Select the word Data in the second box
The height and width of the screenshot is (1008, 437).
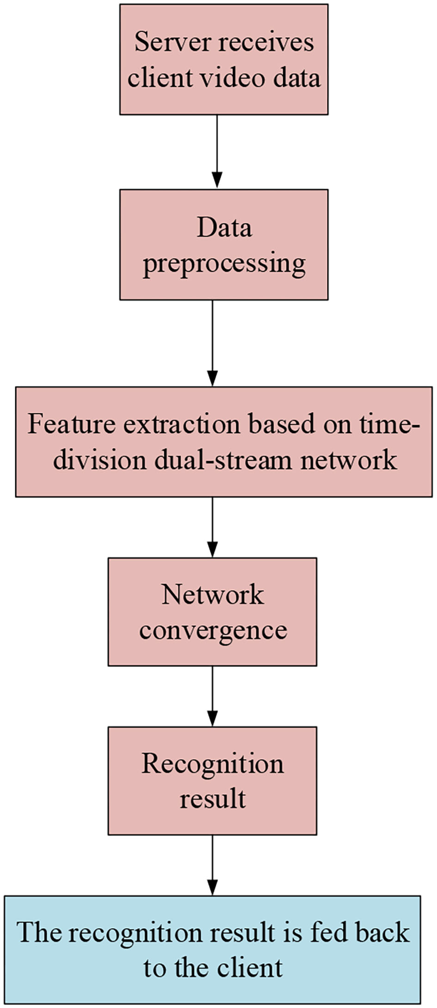224,228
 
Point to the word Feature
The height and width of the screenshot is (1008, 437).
71,424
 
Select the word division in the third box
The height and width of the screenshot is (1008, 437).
99,460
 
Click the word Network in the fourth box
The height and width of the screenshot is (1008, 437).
212,594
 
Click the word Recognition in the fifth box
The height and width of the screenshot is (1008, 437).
212,764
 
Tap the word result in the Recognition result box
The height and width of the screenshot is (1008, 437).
212,799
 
